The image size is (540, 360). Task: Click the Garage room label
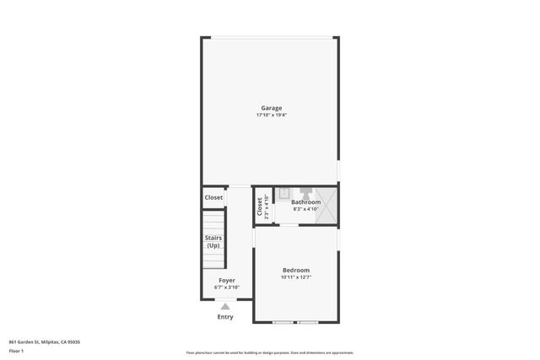click(x=271, y=108)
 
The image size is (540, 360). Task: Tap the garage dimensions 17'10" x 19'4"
click(x=271, y=116)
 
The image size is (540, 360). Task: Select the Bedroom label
click(x=295, y=270)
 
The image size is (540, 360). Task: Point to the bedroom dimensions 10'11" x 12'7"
click(x=295, y=277)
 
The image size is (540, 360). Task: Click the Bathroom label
click(x=305, y=202)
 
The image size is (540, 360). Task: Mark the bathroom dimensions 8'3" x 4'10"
click(x=305, y=210)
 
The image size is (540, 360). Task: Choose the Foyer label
click(x=227, y=280)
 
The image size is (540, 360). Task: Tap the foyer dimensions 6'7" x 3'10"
click(x=227, y=287)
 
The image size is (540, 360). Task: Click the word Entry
click(x=225, y=317)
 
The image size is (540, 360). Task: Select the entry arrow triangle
click(x=225, y=307)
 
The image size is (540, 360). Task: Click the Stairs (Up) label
click(x=213, y=242)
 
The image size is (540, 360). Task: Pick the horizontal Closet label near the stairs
click(x=213, y=197)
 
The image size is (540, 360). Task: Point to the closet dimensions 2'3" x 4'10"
click(x=267, y=206)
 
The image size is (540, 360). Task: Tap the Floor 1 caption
click(x=16, y=350)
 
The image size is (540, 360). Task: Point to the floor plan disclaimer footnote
click(x=270, y=352)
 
